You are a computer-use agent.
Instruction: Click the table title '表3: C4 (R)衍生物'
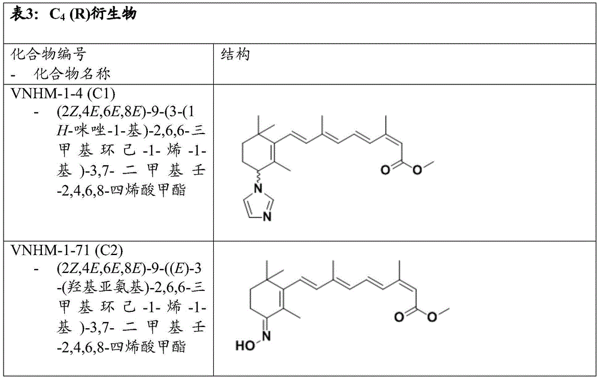(73, 14)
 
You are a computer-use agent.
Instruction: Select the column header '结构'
(235, 54)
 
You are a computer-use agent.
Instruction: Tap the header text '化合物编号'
(49, 54)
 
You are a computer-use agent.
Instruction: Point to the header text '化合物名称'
(72, 74)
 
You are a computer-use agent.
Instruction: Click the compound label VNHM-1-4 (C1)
(63, 93)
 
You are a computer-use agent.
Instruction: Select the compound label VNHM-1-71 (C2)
(67, 250)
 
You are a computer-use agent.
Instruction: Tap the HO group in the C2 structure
(245, 346)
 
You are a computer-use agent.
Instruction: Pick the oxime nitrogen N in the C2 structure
(267, 336)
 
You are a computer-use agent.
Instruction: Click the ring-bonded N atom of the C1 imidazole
(258, 189)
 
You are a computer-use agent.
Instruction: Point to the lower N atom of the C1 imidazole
(267, 216)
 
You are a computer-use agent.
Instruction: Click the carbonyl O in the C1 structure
(385, 170)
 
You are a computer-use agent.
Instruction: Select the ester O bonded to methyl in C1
(417, 170)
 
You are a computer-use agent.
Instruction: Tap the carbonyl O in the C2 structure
(399, 317)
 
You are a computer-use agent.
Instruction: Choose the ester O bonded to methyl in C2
(432, 317)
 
